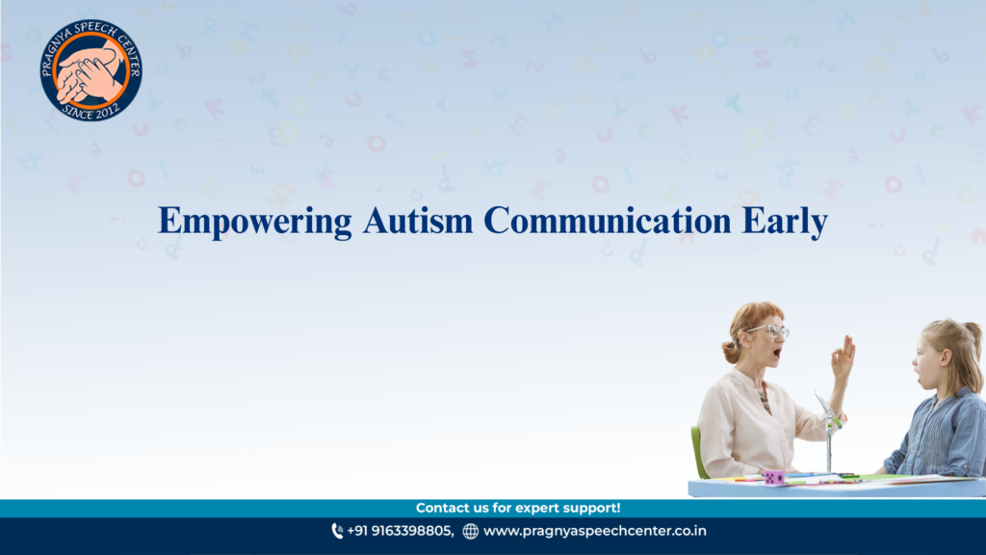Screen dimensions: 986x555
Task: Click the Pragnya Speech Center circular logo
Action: pos(91,69)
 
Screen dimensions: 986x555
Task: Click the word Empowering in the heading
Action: pos(254,222)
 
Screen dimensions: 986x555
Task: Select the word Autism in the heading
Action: pos(418,221)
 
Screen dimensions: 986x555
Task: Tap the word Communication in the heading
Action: pos(607,221)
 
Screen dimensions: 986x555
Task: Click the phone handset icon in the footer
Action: pos(337,532)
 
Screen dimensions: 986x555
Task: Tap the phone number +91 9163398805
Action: pos(400,531)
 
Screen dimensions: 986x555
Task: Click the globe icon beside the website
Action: pos(470,532)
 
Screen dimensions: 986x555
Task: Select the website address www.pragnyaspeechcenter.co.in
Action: pos(595,531)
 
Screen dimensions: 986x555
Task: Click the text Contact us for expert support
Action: pos(518,508)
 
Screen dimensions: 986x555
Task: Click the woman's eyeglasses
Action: pos(772,330)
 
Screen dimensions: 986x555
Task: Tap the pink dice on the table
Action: pos(774,478)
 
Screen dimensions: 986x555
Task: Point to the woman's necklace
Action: pos(765,398)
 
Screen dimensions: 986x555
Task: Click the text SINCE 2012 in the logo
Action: pos(91,112)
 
